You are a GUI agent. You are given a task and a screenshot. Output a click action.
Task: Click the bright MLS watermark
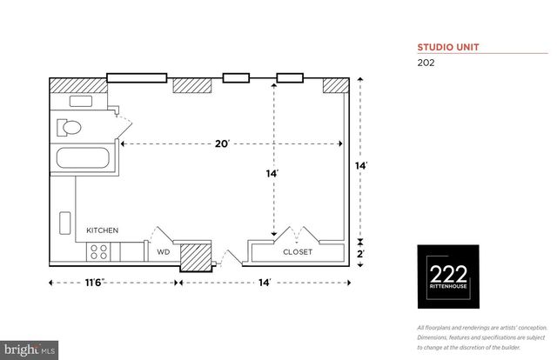[30, 350]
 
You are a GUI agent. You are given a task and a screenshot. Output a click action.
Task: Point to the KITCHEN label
[102, 230]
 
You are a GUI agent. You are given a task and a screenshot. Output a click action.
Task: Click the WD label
[163, 253]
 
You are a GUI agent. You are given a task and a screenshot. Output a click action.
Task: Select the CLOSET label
[297, 253]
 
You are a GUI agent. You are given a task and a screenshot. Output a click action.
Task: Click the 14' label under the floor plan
[264, 283]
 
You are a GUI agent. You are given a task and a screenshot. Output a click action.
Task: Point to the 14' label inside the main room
[272, 173]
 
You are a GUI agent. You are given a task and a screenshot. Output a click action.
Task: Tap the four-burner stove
[99, 252]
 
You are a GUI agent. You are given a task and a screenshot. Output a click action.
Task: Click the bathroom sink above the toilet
[81, 101]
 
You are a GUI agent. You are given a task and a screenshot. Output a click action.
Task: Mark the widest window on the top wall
[137, 78]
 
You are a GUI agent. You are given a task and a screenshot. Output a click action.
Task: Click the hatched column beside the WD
[197, 257]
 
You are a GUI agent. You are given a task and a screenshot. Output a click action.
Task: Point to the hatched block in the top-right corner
[334, 85]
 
